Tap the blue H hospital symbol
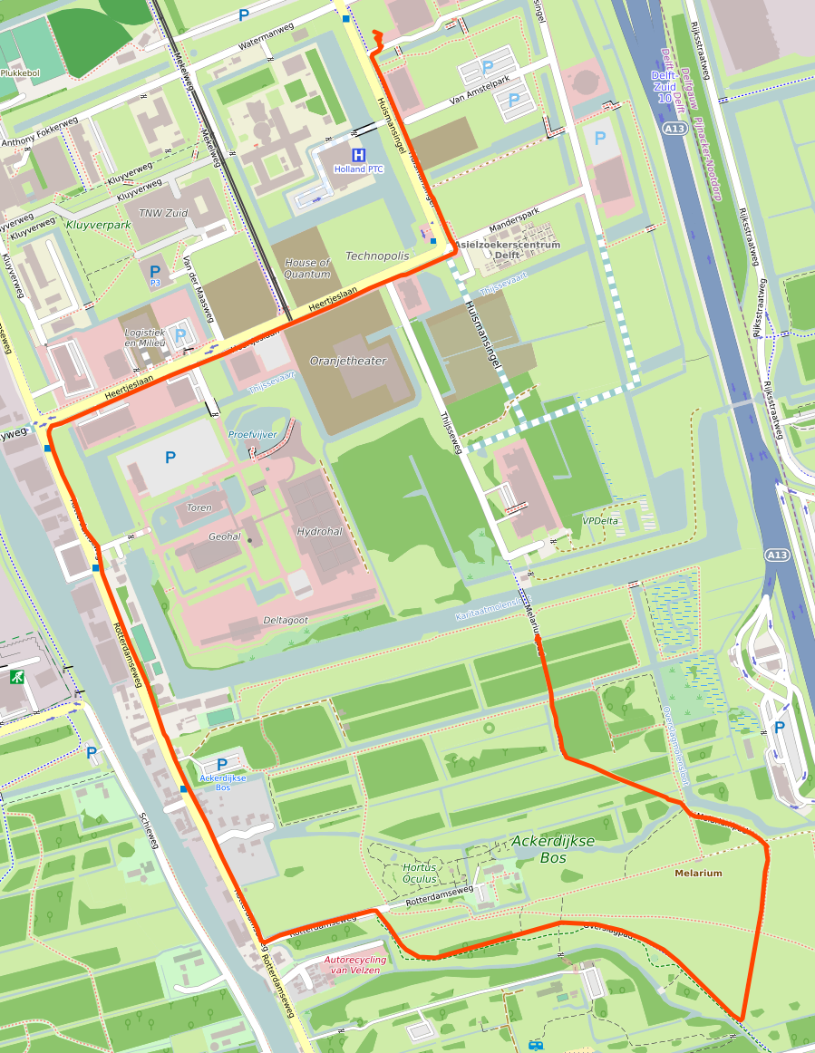tap(359, 155)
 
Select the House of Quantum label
tap(306, 268)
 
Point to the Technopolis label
tap(376, 256)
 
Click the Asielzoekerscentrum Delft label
tap(507, 250)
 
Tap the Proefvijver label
tap(252, 435)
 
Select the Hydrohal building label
tap(319, 531)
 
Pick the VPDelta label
tap(599, 521)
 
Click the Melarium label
tap(698, 874)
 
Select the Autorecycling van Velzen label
tap(354, 965)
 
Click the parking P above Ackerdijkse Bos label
tap(222, 765)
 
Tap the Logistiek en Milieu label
tap(144, 338)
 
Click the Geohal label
tap(224, 536)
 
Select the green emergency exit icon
tap(16, 676)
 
